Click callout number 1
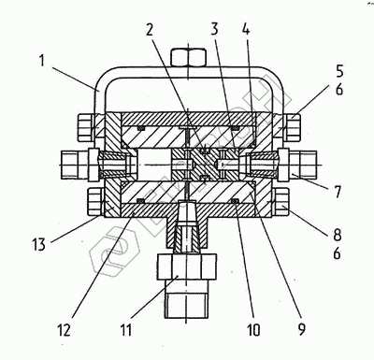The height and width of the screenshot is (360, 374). pos(42,61)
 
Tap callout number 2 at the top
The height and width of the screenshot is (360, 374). pos(150,29)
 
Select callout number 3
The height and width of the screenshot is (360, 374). pos(214,29)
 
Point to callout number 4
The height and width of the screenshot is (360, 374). pos(246,29)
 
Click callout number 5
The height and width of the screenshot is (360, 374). pos(339,71)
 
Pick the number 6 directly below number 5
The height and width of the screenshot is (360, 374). pos(339,90)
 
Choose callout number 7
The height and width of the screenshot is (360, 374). pos(338,192)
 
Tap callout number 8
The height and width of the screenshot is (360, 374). pos(338,236)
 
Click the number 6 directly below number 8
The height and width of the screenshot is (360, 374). pos(338,253)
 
